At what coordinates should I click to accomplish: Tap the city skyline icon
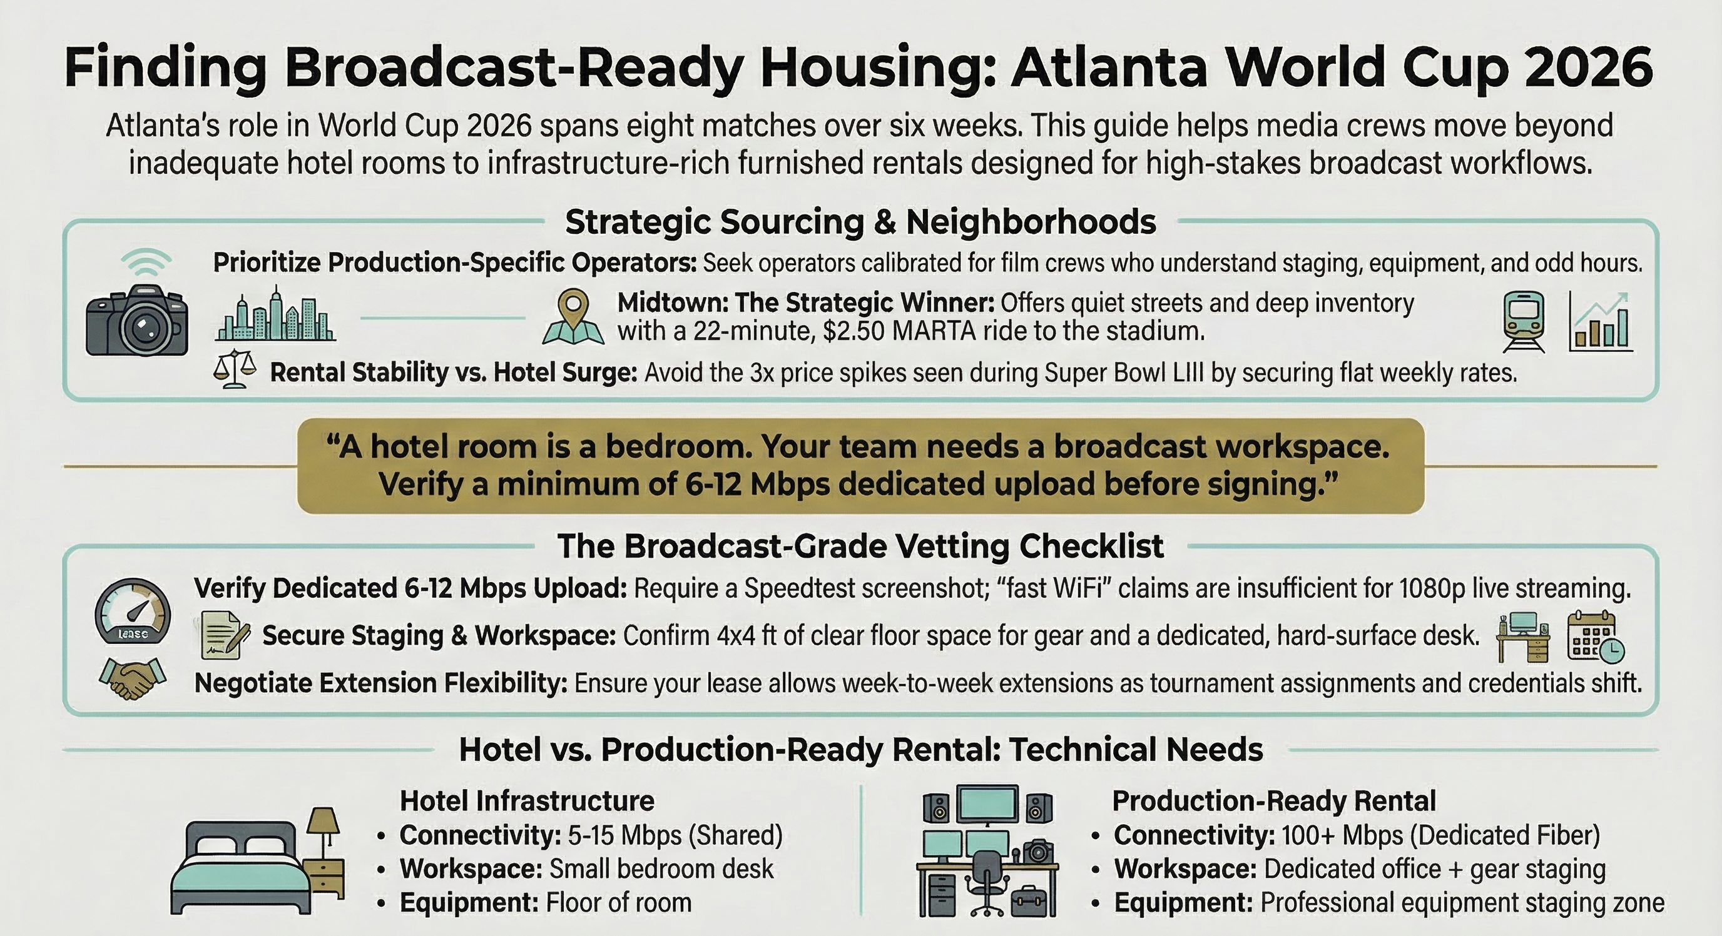click(275, 315)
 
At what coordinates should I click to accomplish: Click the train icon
click(1524, 321)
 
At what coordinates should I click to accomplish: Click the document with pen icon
click(225, 635)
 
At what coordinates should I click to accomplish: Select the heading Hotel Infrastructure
click(527, 800)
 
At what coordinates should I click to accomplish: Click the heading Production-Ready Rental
click(1273, 800)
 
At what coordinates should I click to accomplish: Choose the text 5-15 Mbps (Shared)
click(675, 835)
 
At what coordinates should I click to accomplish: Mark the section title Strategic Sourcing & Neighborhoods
click(860, 222)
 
